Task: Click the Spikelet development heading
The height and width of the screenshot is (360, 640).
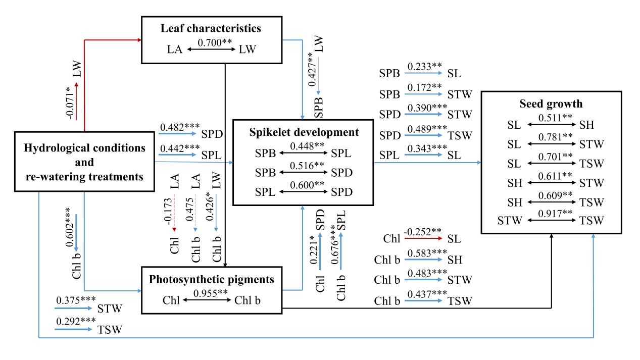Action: pos(303,133)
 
